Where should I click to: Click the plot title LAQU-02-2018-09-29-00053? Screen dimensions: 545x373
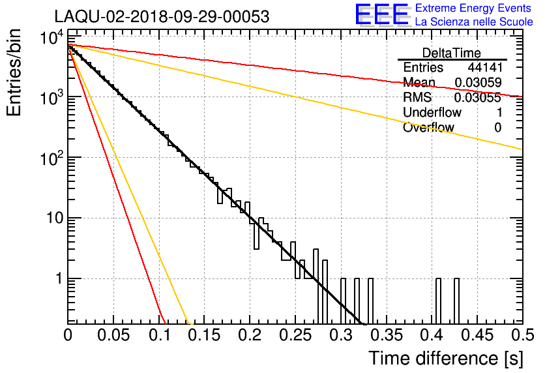(x=162, y=16)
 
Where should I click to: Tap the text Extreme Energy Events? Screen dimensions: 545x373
(x=473, y=8)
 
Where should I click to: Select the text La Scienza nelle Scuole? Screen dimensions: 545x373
(x=474, y=22)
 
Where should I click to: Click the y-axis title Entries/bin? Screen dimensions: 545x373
(x=14, y=72)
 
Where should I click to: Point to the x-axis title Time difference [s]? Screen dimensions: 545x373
(x=446, y=358)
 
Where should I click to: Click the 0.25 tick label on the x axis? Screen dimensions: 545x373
(x=295, y=335)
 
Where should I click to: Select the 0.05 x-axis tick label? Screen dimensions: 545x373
(x=113, y=335)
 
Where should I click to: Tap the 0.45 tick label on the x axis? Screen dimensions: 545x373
(x=478, y=335)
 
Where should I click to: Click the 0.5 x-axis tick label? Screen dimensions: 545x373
(x=522, y=335)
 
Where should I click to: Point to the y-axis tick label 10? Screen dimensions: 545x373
(x=55, y=218)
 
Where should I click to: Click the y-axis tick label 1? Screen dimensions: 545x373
(x=59, y=279)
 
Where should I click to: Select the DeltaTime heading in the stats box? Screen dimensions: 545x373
(x=452, y=53)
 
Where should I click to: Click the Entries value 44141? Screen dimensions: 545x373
(x=485, y=67)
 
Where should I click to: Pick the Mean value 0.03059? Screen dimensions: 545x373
(x=478, y=82)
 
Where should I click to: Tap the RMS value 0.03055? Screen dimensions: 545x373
(x=478, y=98)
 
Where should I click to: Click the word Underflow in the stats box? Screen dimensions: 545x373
(x=432, y=112)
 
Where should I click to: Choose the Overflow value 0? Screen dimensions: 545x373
(x=498, y=128)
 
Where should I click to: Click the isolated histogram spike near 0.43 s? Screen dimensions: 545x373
(x=457, y=301)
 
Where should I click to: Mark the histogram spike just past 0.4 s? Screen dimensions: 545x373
(x=438, y=301)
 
